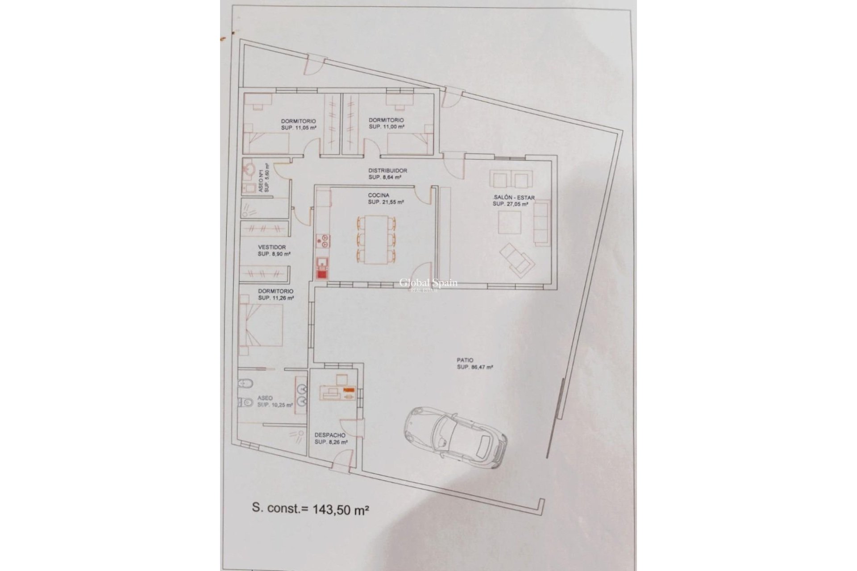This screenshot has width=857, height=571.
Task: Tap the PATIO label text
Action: click(465, 360)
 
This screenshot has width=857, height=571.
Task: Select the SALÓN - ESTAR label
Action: click(514, 198)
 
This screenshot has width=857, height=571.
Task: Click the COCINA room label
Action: click(379, 195)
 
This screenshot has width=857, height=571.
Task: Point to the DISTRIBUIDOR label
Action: click(387, 170)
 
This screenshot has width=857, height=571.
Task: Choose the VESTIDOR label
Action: click(272, 247)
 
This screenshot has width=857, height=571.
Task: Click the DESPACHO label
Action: click(330, 435)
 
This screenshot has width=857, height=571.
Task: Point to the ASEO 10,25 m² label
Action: click(273, 401)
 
